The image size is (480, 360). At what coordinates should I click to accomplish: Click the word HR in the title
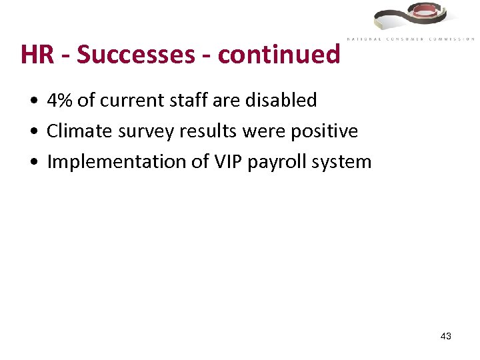37,54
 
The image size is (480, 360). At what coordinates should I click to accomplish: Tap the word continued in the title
279,54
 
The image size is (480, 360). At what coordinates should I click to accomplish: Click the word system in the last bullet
342,162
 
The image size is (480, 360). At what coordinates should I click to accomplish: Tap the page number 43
446,337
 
